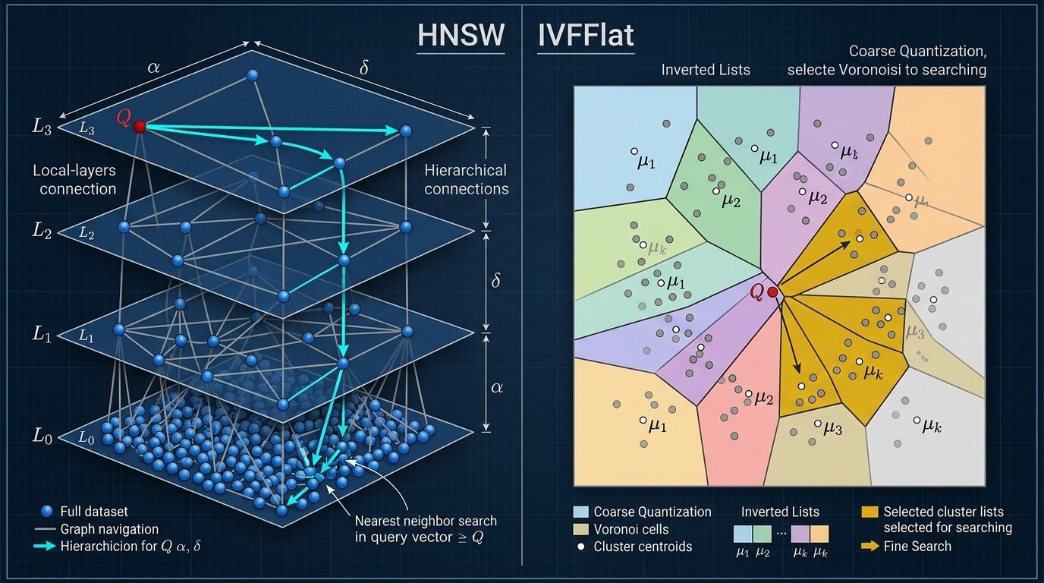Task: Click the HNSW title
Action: [461, 36]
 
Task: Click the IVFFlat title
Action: [586, 36]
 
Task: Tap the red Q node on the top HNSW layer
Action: [140, 127]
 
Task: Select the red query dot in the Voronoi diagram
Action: [772, 292]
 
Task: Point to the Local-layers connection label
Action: [74, 180]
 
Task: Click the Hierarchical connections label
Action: [466, 180]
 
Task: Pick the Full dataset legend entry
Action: [94, 512]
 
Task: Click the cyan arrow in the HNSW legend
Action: [46, 547]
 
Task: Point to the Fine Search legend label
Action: [917, 547]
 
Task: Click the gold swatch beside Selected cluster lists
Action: [871, 512]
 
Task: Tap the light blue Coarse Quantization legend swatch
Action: [581, 512]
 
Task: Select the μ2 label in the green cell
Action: [731, 200]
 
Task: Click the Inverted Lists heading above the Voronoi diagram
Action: [706, 70]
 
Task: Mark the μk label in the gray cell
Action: [932, 426]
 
